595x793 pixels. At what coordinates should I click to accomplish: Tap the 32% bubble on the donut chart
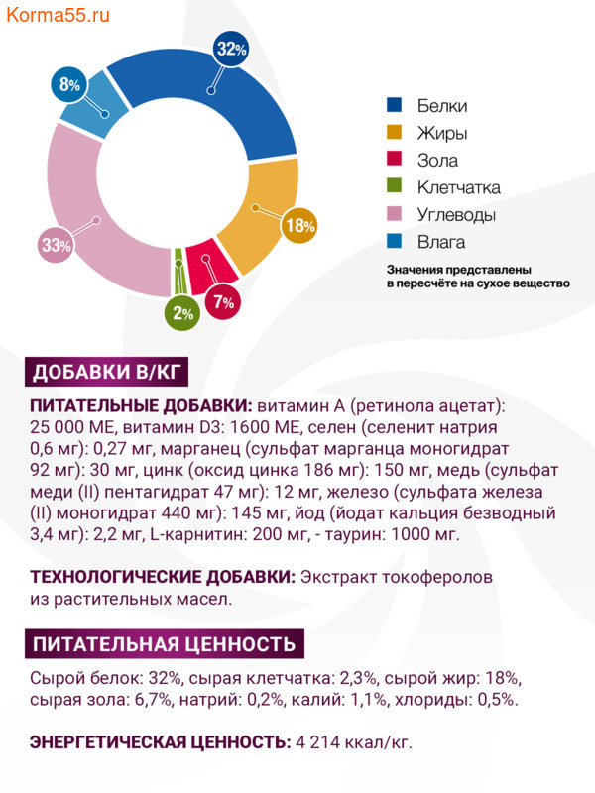click(x=230, y=49)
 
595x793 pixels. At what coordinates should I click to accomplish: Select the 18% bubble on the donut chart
click(x=299, y=226)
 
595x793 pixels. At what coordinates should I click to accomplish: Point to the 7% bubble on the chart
click(x=221, y=302)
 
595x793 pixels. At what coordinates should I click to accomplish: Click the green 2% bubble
click(x=182, y=314)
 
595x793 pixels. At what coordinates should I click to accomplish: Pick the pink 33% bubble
click(x=56, y=245)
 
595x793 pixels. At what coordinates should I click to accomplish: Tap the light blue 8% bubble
click(x=69, y=85)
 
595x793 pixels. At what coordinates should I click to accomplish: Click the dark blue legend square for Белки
click(x=394, y=106)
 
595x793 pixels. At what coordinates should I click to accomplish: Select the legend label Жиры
click(x=442, y=133)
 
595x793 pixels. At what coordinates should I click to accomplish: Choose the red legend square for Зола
click(x=394, y=161)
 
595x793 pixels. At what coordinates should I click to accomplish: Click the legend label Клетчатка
click(x=458, y=187)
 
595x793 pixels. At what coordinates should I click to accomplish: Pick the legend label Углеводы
click(x=456, y=215)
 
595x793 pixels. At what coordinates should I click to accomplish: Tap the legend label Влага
click(x=441, y=242)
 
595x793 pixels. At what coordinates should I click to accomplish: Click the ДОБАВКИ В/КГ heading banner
click(x=104, y=373)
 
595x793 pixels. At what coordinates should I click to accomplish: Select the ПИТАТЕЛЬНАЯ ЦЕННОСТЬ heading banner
click(x=164, y=644)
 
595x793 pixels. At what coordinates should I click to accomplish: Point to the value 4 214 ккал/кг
click(x=353, y=741)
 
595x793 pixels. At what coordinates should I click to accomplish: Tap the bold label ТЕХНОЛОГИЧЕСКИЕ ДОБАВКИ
click(x=162, y=577)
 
